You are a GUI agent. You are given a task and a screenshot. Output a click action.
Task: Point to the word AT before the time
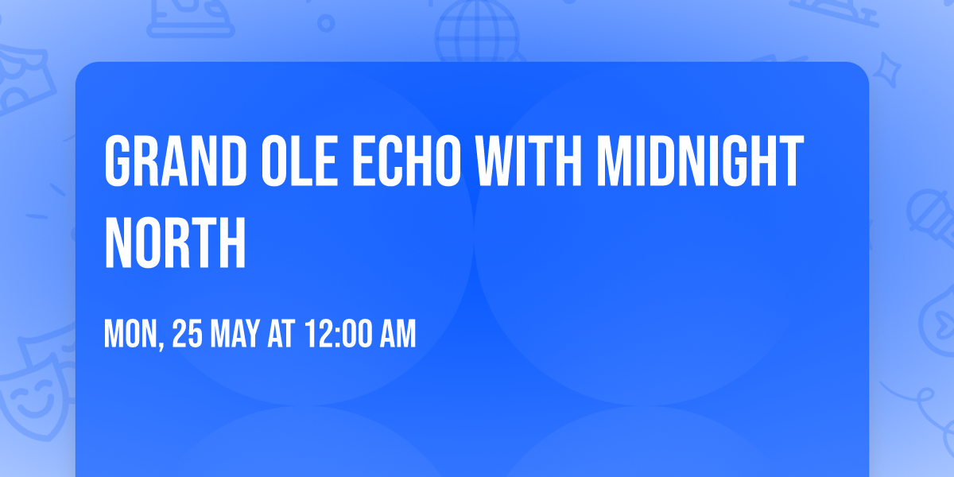[x=281, y=335]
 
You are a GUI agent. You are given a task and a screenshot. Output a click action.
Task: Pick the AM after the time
[x=397, y=335]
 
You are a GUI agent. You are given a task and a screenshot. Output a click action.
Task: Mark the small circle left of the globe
[x=325, y=23]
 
